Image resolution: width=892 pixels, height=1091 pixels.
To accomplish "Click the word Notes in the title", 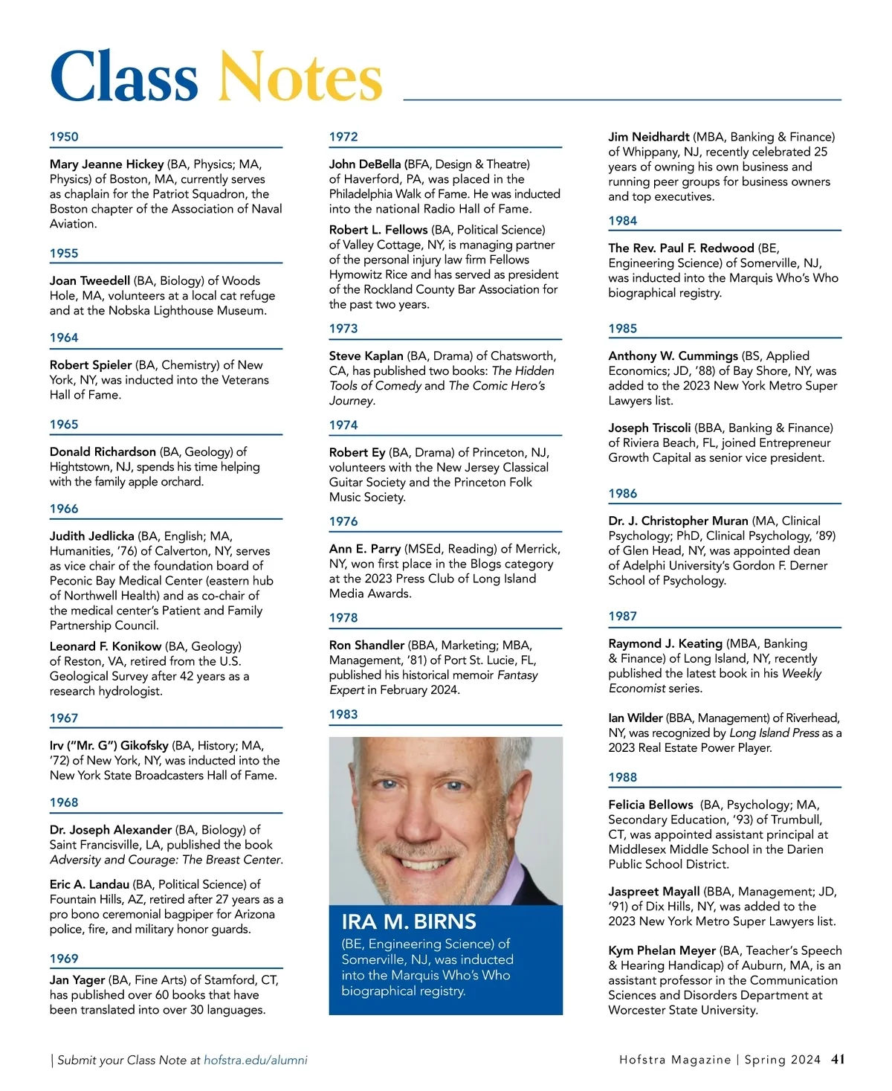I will pyautogui.click(x=300, y=77).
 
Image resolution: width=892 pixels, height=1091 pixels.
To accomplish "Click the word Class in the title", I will pyautogui.click(x=124, y=77).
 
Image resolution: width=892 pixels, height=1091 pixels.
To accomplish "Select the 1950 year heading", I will pyautogui.click(x=64, y=137).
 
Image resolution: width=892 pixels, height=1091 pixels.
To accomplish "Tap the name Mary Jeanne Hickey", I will pyautogui.click(x=106, y=164).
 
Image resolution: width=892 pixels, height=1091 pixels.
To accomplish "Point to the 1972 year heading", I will pyautogui.click(x=343, y=137).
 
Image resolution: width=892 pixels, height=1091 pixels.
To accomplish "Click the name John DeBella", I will pyautogui.click(x=365, y=164).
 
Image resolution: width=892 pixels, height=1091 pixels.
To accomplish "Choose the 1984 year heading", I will pyautogui.click(x=623, y=221).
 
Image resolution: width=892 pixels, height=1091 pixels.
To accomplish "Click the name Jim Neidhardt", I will pyautogui.click(x=648, y=137).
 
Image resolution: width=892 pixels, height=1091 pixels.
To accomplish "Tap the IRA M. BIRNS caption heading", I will pyautogui.click(x=409, y=922).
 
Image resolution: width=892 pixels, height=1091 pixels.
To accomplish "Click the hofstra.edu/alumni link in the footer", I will pyautogui.click(x=256, y=1061).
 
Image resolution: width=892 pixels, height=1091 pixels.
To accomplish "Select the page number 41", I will pyautogui.click(x=838, y=1059).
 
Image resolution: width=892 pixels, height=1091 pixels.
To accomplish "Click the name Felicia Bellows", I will pyautogui.click(x=650, y=805).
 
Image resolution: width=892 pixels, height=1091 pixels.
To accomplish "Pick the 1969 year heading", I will pyautogui.click(x=64, y=959).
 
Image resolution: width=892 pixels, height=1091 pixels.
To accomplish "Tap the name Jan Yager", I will pyautogui.click(x=77, y=980).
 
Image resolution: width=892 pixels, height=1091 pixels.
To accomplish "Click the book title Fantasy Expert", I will pyautogui.click(x=517, y=675).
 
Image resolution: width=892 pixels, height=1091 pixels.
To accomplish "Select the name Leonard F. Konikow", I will pyautogui.click(x=106, y=646).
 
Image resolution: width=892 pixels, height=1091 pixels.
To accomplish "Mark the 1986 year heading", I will pyautogui.click(x=623, y=494).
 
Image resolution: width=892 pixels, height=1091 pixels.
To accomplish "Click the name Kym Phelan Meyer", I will pyautogui.click(x=662, y=950).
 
